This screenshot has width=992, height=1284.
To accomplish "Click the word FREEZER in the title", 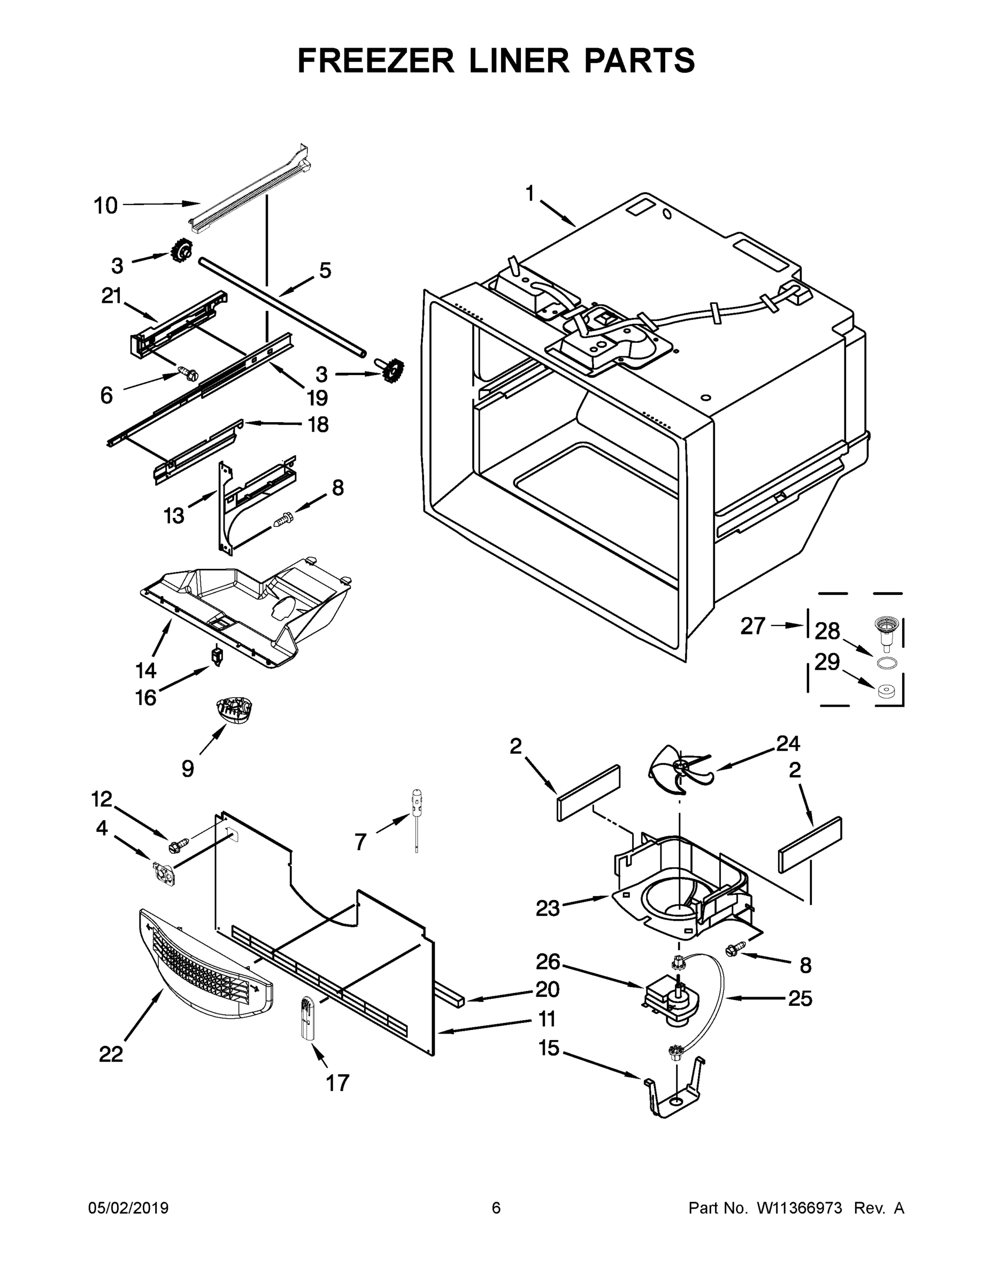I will (376, 60).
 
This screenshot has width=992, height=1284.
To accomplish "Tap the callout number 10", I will (106, 206).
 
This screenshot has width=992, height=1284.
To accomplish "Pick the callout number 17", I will (337, 1082).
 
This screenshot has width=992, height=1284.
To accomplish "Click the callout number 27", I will (753, 626).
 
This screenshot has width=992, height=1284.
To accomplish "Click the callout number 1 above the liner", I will (529, 194).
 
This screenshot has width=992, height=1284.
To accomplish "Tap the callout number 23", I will (548, 908).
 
